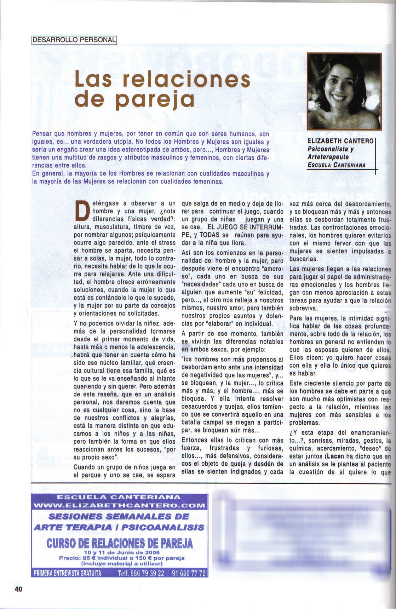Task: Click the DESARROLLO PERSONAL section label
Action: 74,40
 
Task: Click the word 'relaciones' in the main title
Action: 185,80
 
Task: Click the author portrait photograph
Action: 344,92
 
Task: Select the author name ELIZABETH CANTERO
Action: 340,141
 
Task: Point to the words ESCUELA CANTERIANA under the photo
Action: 336,165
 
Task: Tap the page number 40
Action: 18,589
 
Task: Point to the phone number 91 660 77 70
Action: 188,573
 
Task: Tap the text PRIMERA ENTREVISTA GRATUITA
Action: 67,573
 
